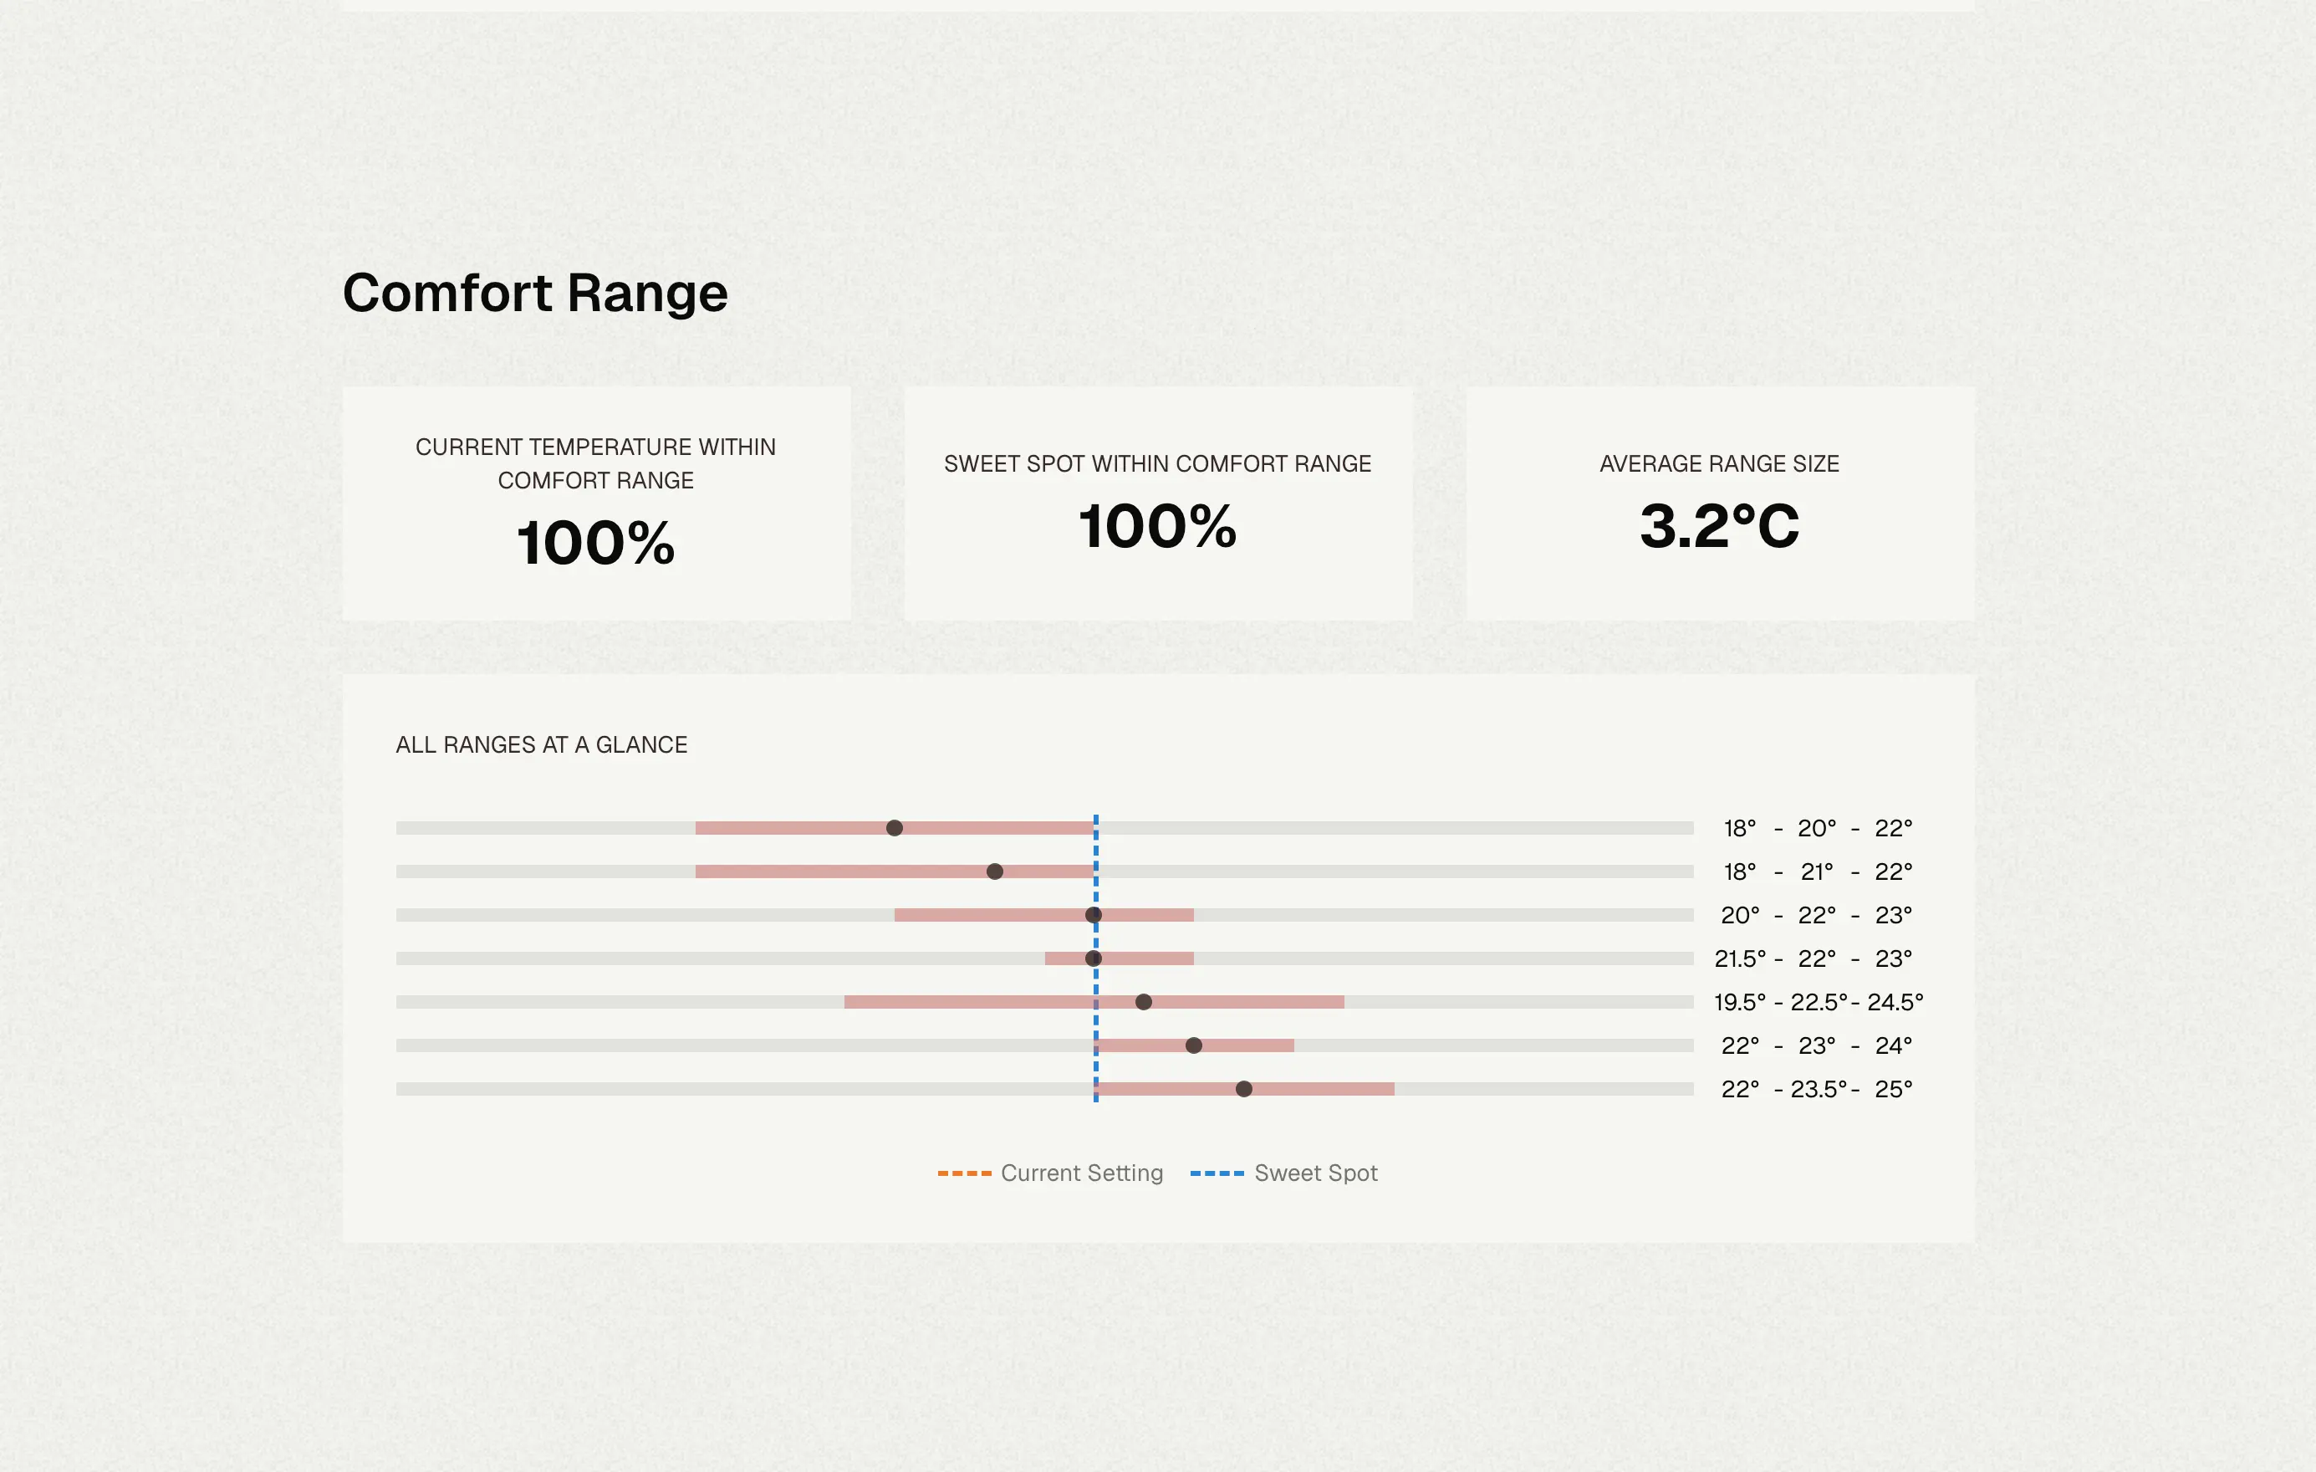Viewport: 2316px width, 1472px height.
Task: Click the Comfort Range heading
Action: (535, 293)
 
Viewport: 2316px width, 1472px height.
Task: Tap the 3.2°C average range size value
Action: (1719, 526)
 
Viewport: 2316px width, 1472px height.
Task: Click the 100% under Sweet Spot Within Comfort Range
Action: (1157, 526)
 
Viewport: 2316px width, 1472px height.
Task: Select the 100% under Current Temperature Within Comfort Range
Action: (595, 543)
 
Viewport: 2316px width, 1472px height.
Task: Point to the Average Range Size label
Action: (1719, 463)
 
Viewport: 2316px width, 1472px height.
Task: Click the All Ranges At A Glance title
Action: (542, 744)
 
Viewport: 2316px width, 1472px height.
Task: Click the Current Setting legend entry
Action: (1050, 1173)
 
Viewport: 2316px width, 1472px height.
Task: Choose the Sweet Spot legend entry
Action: (1284, 1173)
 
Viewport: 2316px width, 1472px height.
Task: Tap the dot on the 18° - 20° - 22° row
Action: (895, 827)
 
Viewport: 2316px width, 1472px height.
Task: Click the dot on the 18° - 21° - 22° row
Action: (994, 871)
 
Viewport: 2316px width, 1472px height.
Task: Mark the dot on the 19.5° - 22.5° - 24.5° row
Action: (1144, 1001)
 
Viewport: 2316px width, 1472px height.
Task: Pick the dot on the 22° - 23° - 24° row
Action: (1194, 1045)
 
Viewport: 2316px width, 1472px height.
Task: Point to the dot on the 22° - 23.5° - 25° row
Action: (1243, 1089)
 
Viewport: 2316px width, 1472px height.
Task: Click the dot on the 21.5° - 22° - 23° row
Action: (1094, 958)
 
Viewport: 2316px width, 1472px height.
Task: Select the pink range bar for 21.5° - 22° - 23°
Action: (1120, 958)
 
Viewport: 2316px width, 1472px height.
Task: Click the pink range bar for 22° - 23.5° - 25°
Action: (1245, 1089)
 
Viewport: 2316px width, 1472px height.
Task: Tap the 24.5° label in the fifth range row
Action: (1895, 1001)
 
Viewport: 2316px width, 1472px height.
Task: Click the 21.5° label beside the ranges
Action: (1740, 958)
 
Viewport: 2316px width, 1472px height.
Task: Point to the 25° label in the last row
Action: (1893, 1089)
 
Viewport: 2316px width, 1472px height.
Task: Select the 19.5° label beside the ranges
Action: (1740, 1001)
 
